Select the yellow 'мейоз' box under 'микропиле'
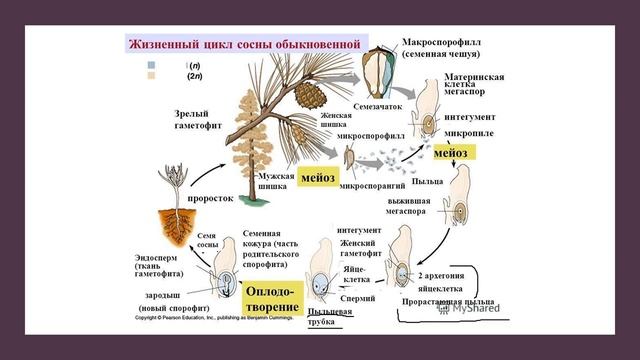(454, 152)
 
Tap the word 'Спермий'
(357, 298)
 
